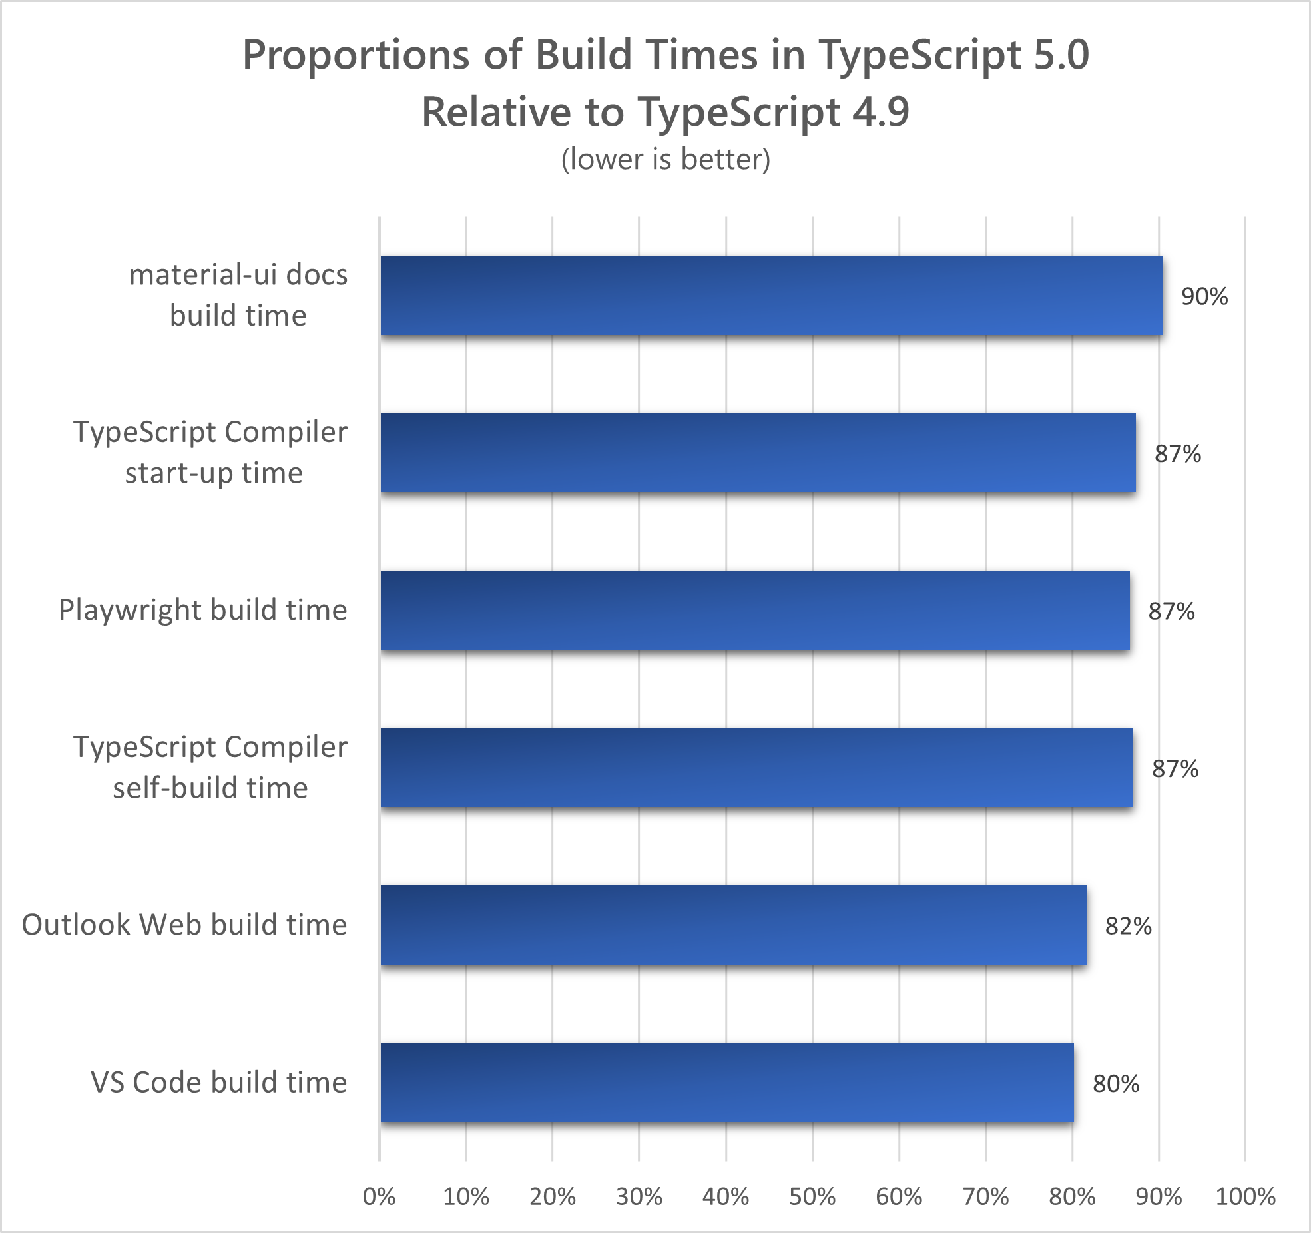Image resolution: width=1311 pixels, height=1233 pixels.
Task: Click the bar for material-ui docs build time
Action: [x=771, y=295]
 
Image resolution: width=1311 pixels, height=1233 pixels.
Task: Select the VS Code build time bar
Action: [x=726, y=1083]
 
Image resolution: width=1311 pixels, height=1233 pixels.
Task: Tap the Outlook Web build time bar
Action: [x=733, y=925]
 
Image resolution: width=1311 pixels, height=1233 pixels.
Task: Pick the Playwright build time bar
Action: [x=754, y=610]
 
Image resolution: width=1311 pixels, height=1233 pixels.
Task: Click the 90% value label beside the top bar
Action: [x=1204, y=296]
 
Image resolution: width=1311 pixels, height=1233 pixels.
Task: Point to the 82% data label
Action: [x=1128, y=926]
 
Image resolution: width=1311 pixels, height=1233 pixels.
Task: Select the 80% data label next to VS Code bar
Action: [x=1115, y=1084]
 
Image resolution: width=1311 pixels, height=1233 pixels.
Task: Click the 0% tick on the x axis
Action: [x=379, y=1196]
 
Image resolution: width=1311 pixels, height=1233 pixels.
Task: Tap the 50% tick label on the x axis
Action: [x=812, y=1196]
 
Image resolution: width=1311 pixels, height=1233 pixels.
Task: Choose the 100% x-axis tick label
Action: [x=1244, y=1196]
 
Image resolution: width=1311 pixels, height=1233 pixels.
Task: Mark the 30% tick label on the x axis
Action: [x=639, y=1196]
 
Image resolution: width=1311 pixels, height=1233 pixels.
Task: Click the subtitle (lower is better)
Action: [x=665, y=159]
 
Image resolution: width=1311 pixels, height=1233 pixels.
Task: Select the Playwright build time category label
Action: [x=202, y=610]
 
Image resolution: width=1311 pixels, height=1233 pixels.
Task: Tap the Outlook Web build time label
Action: [x=184, y=925]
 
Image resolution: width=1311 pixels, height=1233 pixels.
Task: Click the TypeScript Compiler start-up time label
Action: [x=210, y=453]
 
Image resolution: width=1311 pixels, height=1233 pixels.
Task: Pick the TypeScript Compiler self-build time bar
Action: [x=756, y=768]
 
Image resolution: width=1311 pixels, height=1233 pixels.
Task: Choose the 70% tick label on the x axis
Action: [x=985, y=1196]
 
